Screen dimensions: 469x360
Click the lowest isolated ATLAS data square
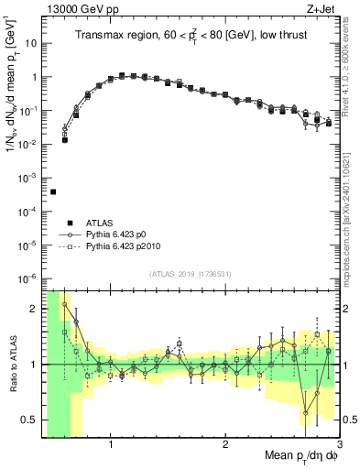[53, 191]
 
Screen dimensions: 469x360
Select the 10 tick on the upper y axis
[30, 43]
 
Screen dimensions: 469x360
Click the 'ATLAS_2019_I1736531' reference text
[191, 275]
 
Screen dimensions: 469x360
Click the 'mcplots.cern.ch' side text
[353, 220]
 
